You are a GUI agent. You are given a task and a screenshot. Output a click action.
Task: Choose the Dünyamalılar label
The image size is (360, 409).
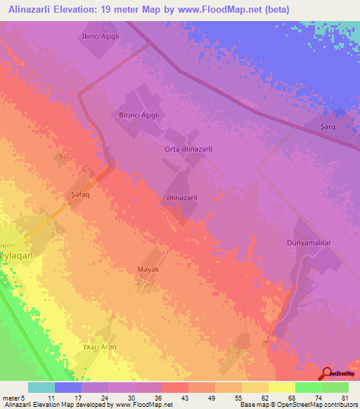(x=323, y=242)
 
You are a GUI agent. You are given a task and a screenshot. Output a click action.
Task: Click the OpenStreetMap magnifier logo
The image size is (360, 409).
(x=328, y=372)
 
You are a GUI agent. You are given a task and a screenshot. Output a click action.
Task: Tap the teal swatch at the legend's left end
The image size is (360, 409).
(x=41, y=387)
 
